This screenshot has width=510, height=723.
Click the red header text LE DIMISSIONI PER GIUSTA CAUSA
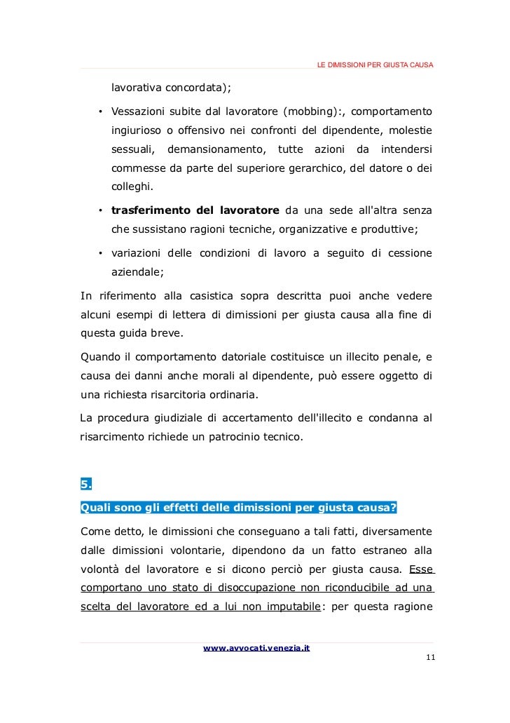[x=375, y=65]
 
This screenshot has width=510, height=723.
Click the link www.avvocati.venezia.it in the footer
[x=256, y=648]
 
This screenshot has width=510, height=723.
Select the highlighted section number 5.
[x=86, y=484]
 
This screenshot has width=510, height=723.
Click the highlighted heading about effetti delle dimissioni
[x=239, y=507]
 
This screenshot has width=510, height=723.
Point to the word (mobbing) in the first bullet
[x=312, y=112]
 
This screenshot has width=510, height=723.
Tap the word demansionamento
[x=217, y=149]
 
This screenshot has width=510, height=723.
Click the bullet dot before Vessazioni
[x=101, y=112]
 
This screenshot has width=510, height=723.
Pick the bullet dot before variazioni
[x=101, y=253]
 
